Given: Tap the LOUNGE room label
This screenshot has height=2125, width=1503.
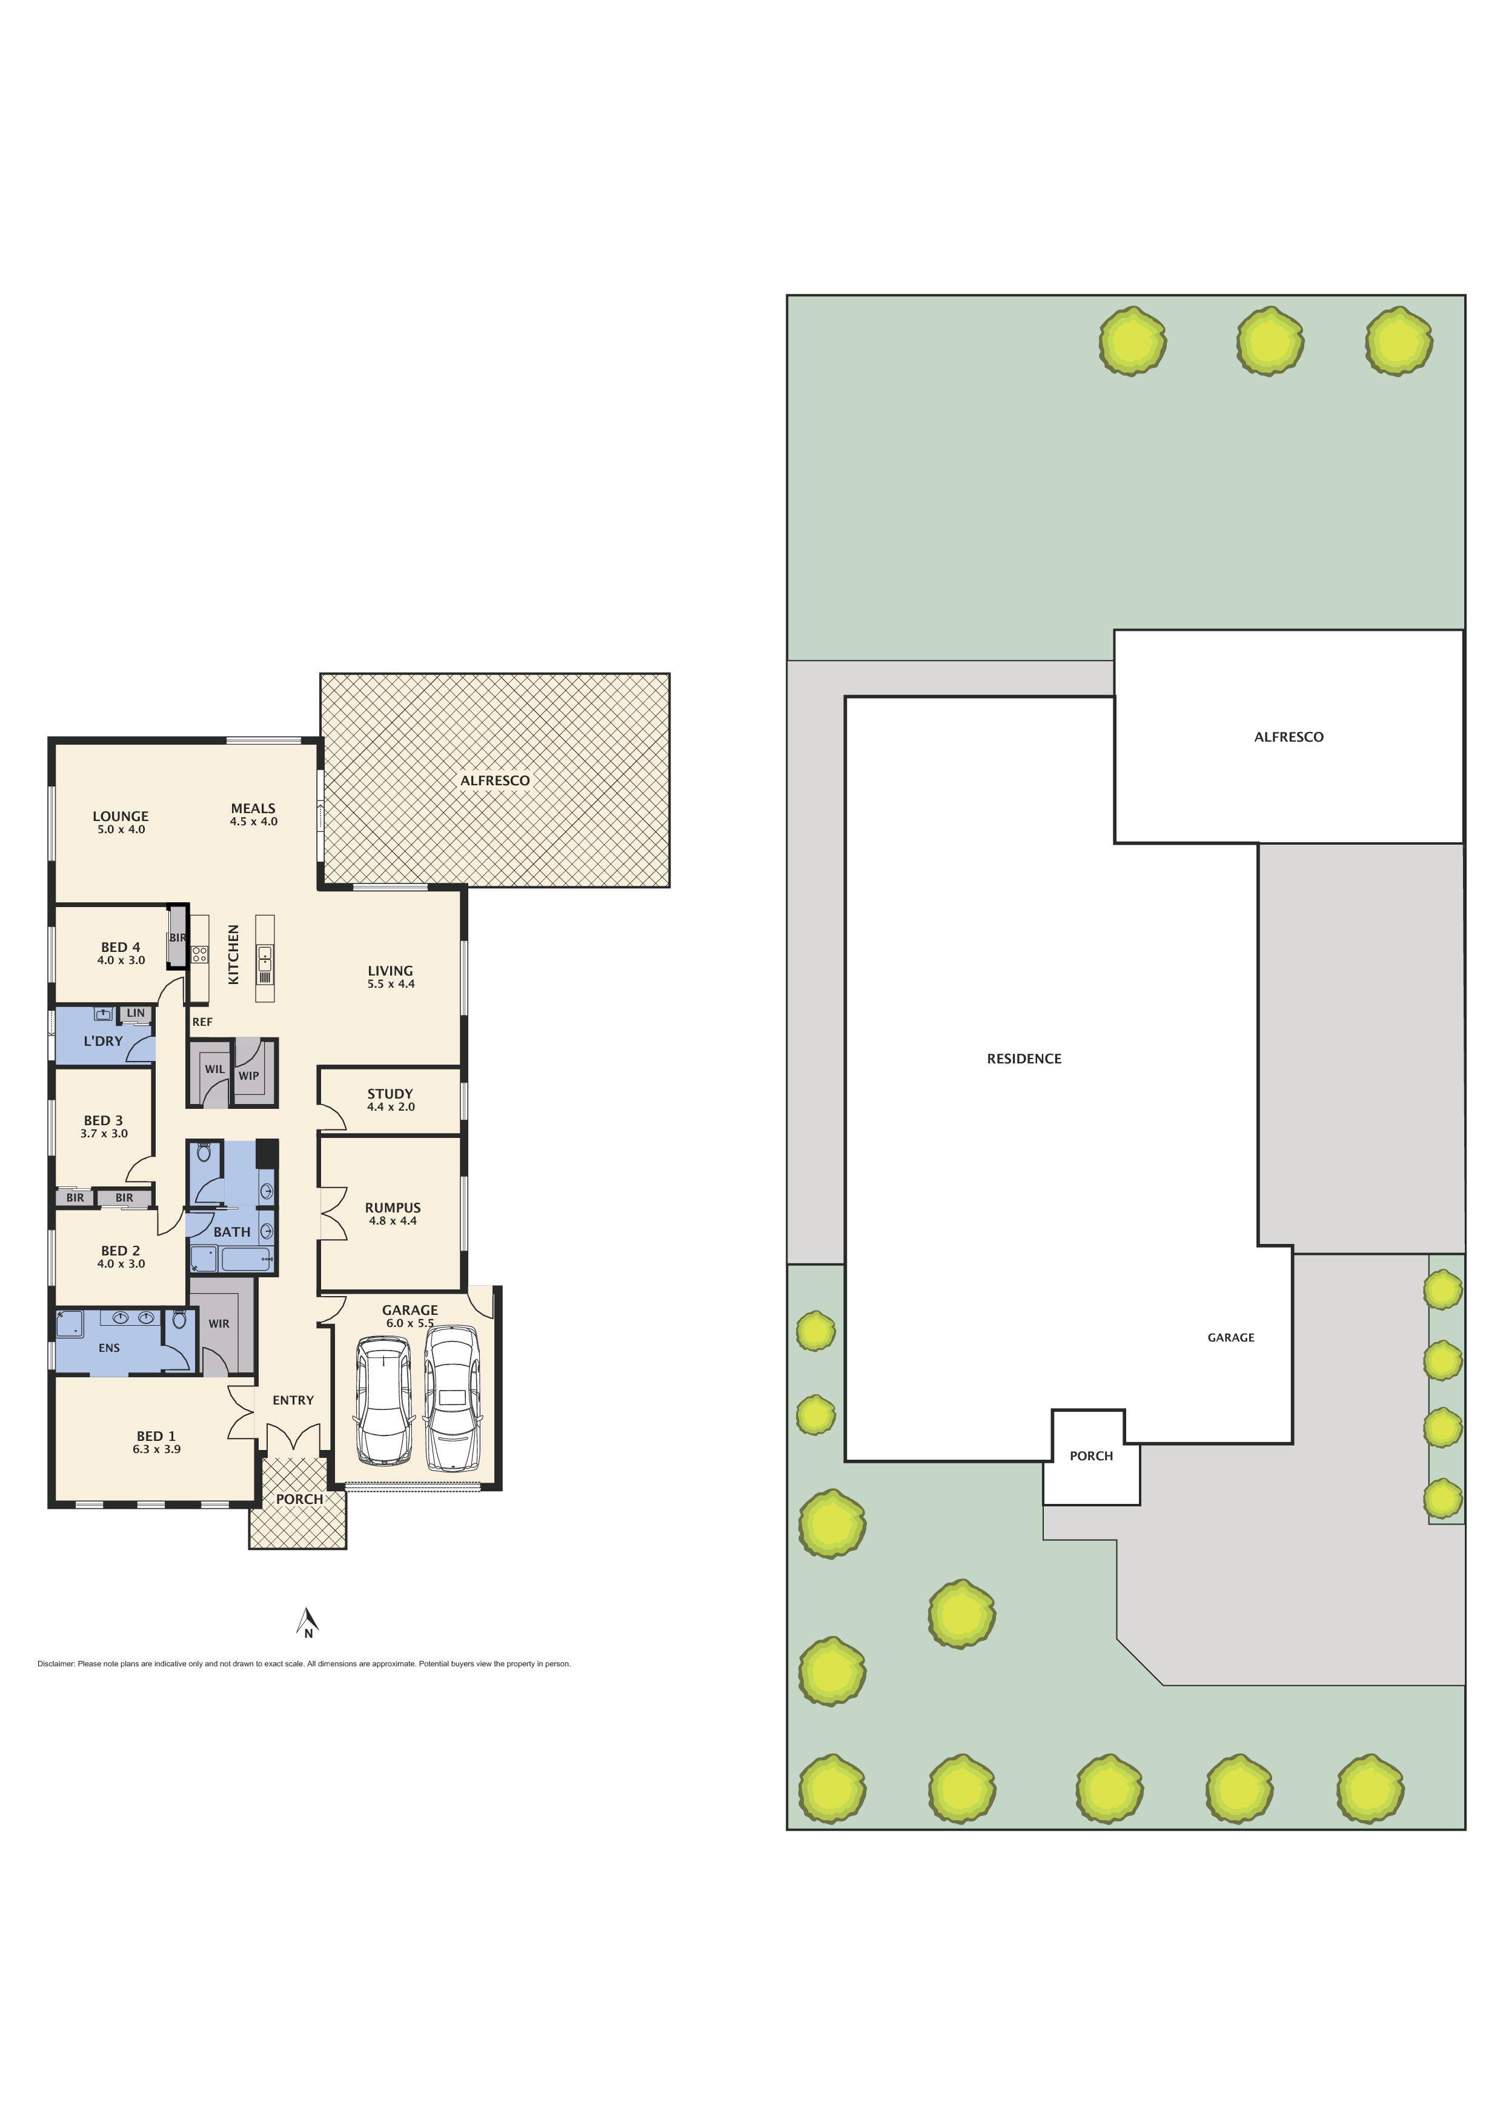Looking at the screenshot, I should pyautogui.click(x=121, y=816).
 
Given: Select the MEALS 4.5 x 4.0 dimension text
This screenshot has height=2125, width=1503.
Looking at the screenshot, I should pyautogui.click(x=254, y=822).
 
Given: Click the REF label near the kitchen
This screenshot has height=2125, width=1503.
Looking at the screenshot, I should pyautogui.click(x=202, y=1022).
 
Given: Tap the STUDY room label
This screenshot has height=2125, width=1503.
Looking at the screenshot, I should pyautogui.click(x=390, y=1094).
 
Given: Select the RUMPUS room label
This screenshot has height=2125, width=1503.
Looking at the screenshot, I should pyautogui.click(x=393, y=1208).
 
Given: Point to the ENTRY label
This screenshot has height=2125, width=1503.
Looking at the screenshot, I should pyautogui.click(x=293, y=1400).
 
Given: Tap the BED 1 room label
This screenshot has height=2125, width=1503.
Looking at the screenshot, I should pyautogui.click(x=156, y=1437).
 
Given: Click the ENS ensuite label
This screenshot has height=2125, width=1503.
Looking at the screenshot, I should pyautogui.click(x=109, y=1348).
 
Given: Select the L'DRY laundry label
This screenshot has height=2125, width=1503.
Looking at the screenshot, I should pyautogui.click(x=103, y=1041).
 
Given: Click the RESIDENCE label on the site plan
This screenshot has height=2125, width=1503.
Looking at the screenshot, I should pyautogui.click(x=1024, y=1059).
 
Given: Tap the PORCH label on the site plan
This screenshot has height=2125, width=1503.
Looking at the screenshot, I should pyautogui.click(x=1091, y=1456).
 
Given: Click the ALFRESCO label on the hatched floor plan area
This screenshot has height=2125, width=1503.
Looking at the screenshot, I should pyautogui.click(x=495, y=781).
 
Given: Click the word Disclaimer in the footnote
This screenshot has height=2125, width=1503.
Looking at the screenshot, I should pyautogui.click(x=56, y=1664).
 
